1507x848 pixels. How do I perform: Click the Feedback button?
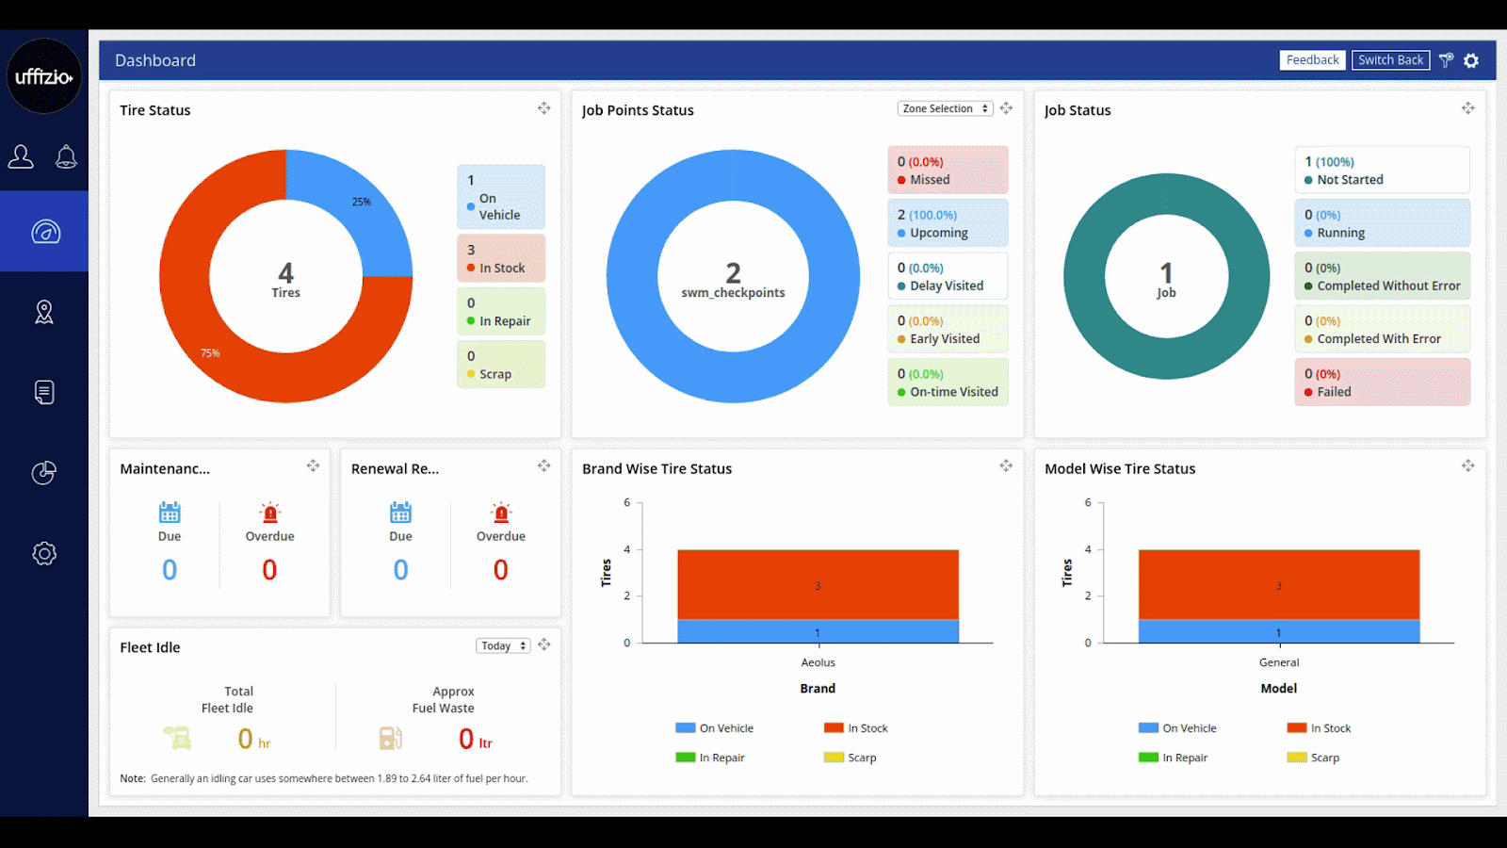coord(1312,60)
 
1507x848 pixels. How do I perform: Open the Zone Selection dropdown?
coord(945,109)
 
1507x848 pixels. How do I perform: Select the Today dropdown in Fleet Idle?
coord(503,646)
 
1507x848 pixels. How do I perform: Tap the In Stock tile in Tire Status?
coord(501,259)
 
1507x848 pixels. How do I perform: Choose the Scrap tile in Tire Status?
coord(501,365)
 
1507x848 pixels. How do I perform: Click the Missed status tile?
coord(948,171)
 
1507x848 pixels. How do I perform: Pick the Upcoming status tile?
coord(948,223)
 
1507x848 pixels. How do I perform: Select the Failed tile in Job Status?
coord(1382,383)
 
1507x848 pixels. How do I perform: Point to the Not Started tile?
coord(1382,171)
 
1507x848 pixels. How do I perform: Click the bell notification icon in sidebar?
coord(66,156)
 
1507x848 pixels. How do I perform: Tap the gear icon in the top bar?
coord(1471,60)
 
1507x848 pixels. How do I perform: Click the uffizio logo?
coord(44,76)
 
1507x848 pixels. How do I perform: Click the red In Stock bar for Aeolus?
coord(818,584)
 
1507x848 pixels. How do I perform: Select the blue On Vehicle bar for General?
coord(1278,631)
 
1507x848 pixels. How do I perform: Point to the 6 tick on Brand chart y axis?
coord(627,503)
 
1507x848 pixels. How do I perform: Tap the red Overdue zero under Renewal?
coord(500,570)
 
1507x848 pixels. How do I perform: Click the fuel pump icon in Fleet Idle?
coord(390,738)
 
